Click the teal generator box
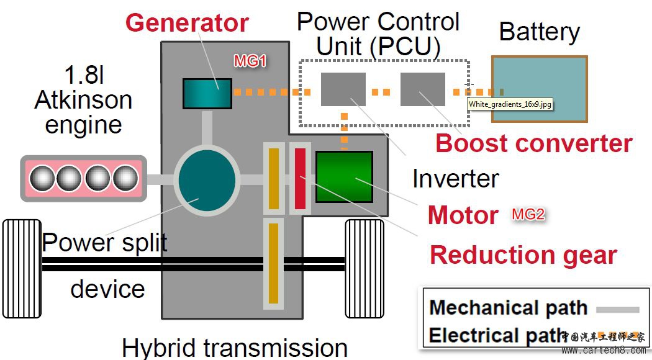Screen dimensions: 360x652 click(207, 93)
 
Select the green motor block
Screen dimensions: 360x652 click(344, 177)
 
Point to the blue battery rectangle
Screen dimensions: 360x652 click(539, 89)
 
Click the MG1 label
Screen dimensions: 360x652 click(250, 61)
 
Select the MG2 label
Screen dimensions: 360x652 click(528, 215)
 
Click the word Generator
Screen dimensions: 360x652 click(187, 23)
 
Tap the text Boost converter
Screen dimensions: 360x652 click(533, 143)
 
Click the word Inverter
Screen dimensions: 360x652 click(455, 179)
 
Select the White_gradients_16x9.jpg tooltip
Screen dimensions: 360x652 click(509, 104)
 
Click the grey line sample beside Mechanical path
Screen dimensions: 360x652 click(617, 308)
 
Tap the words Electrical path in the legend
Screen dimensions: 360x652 click(496, 335)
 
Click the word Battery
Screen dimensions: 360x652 click(539, 32)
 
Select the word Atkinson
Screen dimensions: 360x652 click(83, 100)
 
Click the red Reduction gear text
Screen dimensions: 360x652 click(523, 255)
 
